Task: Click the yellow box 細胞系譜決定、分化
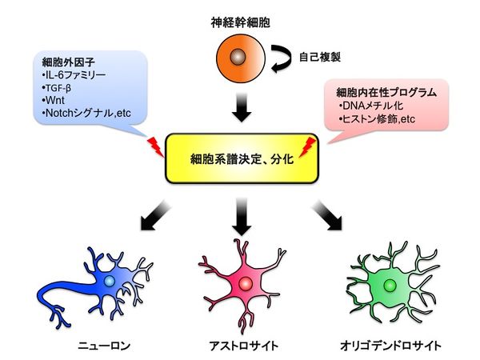tap(238, 158)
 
